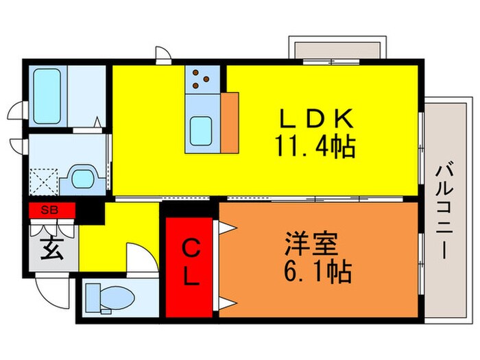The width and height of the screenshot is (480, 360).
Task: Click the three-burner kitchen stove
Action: click(x=202, y=79)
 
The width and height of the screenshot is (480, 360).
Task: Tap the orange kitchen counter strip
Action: click(x=230, y=121)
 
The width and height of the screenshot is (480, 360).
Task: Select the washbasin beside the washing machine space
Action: click(x=84, y=178)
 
